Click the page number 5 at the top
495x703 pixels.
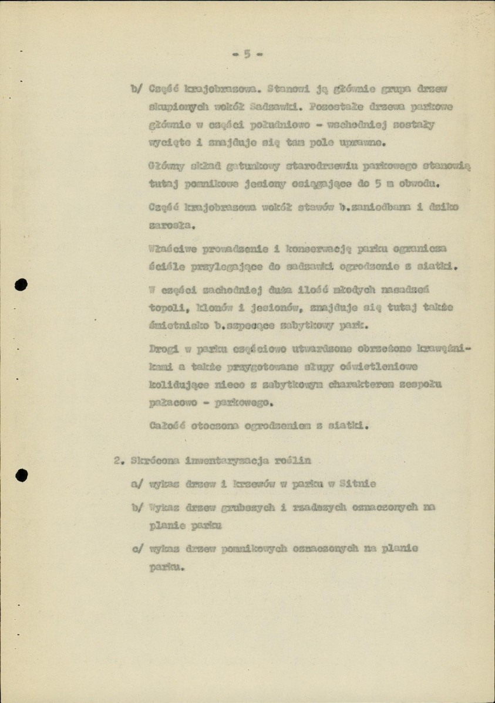pyautogui.click(x=247, y=54)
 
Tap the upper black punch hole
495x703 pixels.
pyautogui.click(x=22, y=286)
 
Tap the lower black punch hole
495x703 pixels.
pyautogui.click(x=22, y=475)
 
